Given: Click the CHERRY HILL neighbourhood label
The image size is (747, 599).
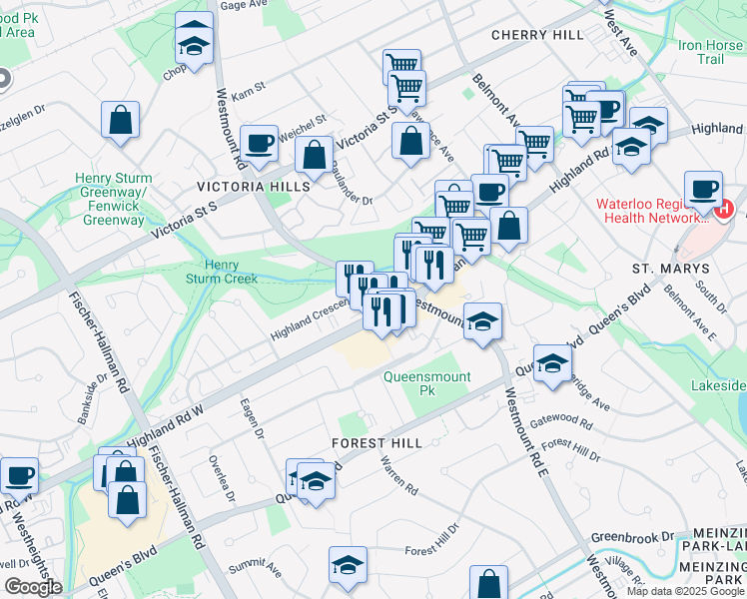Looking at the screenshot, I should click(x=537, y=35).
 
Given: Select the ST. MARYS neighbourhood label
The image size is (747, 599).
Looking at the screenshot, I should click(x=670, y=269).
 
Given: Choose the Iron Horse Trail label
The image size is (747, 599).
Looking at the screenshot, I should click(x=711, y=52).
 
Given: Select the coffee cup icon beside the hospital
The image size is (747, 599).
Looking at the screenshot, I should click(x=703, y=189).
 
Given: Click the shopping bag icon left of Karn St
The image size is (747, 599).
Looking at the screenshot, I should click(x=120, y=120).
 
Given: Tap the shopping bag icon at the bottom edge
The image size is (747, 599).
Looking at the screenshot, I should click(x=488, y=584).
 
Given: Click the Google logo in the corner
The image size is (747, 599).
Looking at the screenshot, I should click(x=32, y=587).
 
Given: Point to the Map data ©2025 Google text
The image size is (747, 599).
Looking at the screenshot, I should click(x=685, y=591).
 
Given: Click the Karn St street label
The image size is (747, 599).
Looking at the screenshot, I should click(x=248, y=90).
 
